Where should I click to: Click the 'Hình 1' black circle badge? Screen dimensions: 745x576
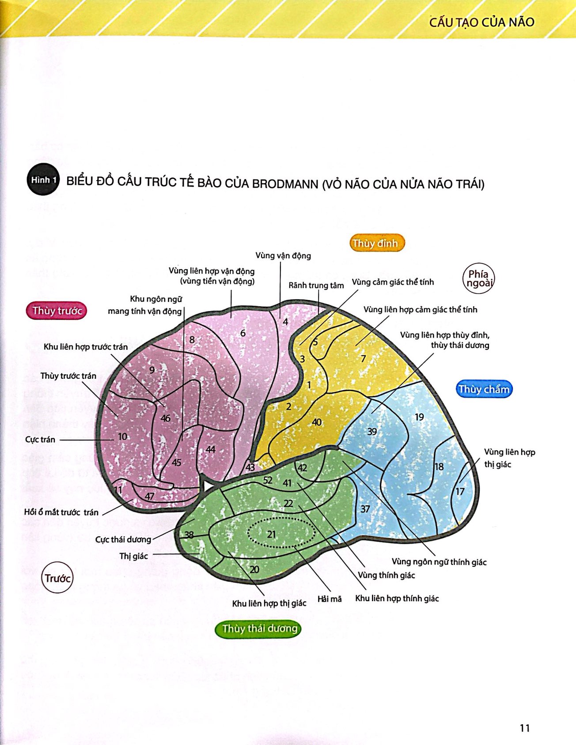pyautogui.click(x=43, y=180)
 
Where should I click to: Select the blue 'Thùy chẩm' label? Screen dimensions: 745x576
pyautogui.click(x=484, y=389)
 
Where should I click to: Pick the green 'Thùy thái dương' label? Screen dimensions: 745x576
pyautogui.click(x=260, y=628)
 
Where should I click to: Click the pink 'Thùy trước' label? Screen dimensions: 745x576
pyautogui.click(x=57, y=311)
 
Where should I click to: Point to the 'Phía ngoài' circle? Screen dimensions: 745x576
pyautogui.click(x=478, y=278)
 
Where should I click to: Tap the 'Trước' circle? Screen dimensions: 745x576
pyautogui.click(x=57, y=578)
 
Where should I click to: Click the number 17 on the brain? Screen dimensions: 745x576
pyautogui.click(x=460, y=492)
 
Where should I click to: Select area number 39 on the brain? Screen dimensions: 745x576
pyautogui.click(x=372, y=431)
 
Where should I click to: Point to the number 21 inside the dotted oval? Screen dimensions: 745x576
pyautogui.click(x=272, y=534)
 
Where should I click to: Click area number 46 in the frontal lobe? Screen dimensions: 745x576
pyautogui.click(x=166, y=418)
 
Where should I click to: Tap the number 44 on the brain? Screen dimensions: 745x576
pyautogui.click(x=211, y=449)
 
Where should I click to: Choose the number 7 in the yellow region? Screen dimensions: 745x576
pyautogui.click(x=363, y=358)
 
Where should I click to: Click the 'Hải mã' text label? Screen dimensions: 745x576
pyautogui.click(x=330, y=599)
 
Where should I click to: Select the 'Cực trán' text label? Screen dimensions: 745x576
pyautogui.click(x=40, y=440)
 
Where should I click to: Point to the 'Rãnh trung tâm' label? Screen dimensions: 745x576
pyautogui.click(x=316, y=286)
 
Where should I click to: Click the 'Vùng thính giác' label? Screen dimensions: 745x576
pyautogui.click(x=387, y=575)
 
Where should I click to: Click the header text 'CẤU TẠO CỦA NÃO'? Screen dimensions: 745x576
pyautogui.click(x=481, y=22)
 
